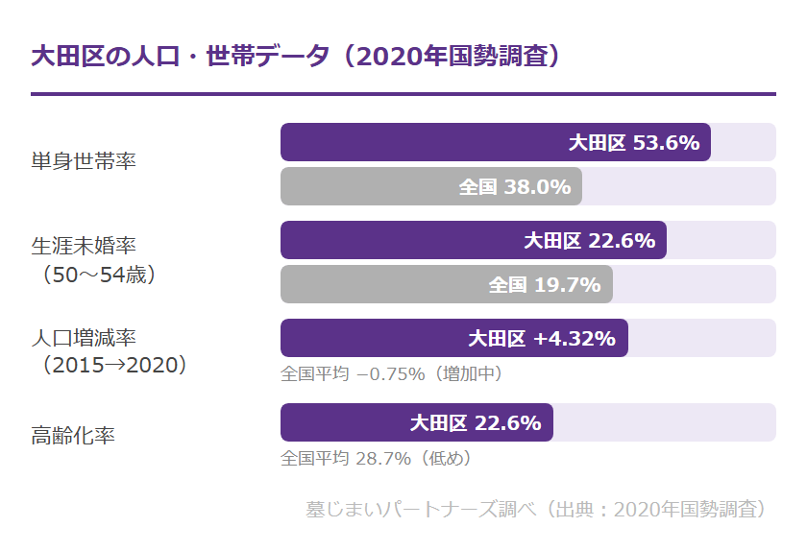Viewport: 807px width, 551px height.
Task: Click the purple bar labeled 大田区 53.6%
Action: [495, 142]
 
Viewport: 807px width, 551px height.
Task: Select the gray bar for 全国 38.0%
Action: [430, 186]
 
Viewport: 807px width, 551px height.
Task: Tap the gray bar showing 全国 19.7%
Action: [446, 284]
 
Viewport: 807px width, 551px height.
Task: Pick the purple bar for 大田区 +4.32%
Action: [453, 338]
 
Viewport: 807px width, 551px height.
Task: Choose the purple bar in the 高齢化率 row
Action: [416, 422]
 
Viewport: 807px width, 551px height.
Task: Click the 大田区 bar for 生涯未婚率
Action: [473, 240]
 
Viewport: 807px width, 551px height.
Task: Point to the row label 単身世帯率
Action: [84, 160]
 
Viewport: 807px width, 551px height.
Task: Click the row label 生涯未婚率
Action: [84, 245]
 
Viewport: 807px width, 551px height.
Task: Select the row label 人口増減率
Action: [84, 338]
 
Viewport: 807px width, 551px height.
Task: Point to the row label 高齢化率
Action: [73, 436]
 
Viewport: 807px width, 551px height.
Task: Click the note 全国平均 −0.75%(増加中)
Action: [391, 373]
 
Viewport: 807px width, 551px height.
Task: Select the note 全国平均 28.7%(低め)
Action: [376, 458]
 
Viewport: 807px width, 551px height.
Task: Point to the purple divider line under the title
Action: [403, 94]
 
